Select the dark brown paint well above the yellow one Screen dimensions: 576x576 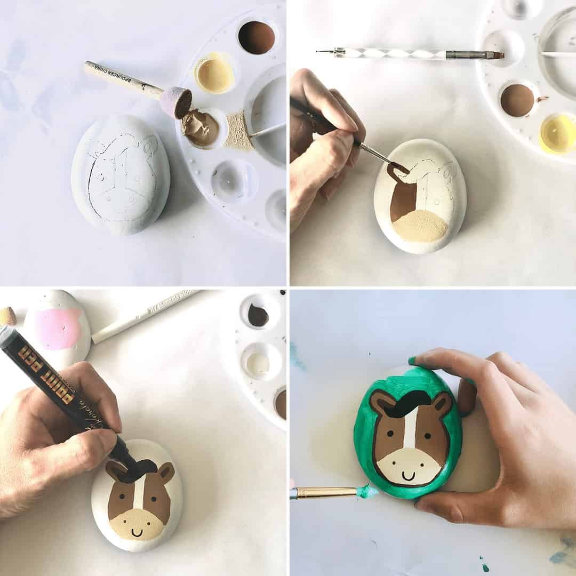[x=256, y=37]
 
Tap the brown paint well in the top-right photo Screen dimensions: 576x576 [x=517, y=100]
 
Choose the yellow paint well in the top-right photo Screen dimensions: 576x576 [x=558, y=134]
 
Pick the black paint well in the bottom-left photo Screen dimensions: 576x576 [x=258, y=316]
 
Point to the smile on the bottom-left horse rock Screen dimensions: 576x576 [x=137, y=532]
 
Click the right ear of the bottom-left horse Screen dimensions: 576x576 [x=166, y=471]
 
